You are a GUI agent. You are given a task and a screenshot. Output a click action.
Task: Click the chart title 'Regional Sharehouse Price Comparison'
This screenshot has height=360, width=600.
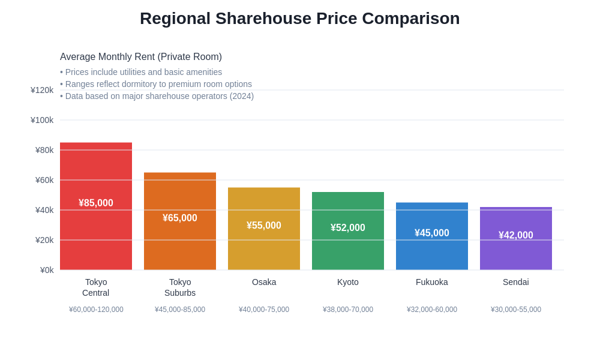[x=299, y=19]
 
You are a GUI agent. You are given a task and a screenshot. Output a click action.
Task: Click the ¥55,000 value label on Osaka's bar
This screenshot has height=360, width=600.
[x=264, y=226]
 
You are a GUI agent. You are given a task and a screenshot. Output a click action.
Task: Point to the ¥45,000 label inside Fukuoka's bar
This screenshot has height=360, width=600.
[x=432, y=233]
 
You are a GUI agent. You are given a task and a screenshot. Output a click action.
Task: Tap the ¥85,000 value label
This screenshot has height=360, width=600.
[x=96, y=203]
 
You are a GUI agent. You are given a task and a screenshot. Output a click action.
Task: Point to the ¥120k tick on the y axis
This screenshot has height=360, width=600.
[x=42, y=90]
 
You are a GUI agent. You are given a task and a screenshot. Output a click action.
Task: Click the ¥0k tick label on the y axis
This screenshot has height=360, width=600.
[x=47, y=270]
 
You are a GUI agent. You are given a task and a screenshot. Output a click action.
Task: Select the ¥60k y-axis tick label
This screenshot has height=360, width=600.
[x=44, y=180]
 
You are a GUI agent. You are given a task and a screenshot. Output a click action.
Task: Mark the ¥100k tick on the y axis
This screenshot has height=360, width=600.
[x=42, y=120]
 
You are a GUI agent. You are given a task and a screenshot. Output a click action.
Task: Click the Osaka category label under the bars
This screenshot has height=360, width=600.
[x=264, y=282]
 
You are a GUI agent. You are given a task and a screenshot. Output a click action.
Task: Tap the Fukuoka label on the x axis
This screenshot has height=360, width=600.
[x=432, y=282]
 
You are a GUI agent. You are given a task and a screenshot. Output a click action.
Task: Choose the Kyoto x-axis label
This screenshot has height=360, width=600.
[x=348, y=282]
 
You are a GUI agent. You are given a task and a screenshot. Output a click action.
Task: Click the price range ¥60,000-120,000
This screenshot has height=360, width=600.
[x=96, y=310]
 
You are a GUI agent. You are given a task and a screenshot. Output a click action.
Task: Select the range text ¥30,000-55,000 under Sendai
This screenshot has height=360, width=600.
[x=516, y=310]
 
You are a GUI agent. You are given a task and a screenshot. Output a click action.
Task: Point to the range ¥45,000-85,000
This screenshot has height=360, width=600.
[x=180, y=310]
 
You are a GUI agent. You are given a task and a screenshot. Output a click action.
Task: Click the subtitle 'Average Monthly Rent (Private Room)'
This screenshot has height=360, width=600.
[x=141, y=57]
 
